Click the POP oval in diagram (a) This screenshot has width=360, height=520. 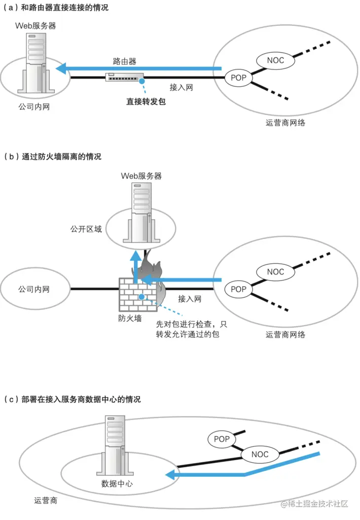pos(238,78)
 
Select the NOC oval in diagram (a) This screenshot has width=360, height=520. pos(274,60)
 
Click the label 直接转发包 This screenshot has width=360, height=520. pos(146,101)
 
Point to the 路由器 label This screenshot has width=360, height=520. pos(124,61)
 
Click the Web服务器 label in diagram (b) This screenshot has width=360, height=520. pos(141,176)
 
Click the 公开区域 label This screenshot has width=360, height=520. pos(86,229)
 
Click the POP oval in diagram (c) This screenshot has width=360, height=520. pos(222,438)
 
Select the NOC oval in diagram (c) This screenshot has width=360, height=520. pos(260,454)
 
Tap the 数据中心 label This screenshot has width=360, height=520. pos(117,483)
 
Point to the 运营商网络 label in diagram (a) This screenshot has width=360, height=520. pos(285,122)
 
